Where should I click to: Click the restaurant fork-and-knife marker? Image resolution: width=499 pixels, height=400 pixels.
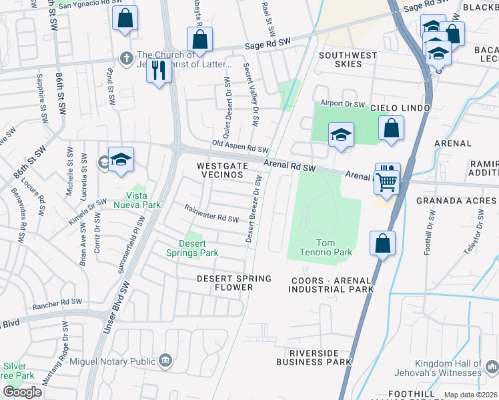tap(159, 69)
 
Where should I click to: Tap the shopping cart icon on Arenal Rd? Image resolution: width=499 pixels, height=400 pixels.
tap(386, 181)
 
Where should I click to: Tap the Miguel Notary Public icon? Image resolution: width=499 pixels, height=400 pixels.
tap(165, 361)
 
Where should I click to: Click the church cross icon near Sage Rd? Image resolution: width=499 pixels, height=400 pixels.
tap(125, 56)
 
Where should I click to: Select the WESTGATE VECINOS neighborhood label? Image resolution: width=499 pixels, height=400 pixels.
tap(222, 169)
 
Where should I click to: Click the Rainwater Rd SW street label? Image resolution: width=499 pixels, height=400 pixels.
tap(211, 214)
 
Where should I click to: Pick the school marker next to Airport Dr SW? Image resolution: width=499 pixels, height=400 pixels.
tap(340, 135)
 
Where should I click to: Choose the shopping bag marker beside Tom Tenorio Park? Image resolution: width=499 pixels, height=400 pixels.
tap(383, 243)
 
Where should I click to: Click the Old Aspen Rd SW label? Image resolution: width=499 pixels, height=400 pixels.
tap(240, 146)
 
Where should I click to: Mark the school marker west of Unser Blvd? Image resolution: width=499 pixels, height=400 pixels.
tap(121, 159)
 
